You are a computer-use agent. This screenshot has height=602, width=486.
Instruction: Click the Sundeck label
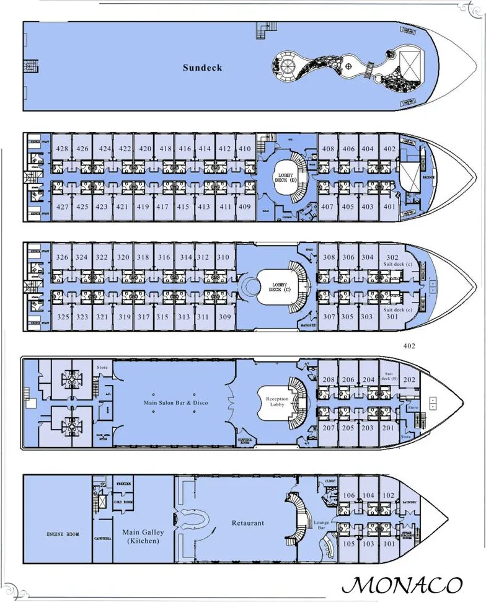[202, 67]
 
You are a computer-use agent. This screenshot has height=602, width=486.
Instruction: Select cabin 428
[61, 149]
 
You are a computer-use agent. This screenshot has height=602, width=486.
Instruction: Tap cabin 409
[245, 206]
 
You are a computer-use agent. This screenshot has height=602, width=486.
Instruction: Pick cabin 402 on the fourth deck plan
[389, 149]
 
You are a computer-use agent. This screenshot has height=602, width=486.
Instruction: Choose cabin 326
[61, 257]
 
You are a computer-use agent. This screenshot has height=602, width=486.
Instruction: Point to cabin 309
[225, 317]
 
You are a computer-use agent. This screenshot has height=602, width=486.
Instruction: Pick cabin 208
[329, 380]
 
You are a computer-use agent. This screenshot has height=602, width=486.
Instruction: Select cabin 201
[387, 428]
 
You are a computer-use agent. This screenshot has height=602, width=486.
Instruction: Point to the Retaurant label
[248, 523]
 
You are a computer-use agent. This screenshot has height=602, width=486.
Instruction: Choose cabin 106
[350, 495]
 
